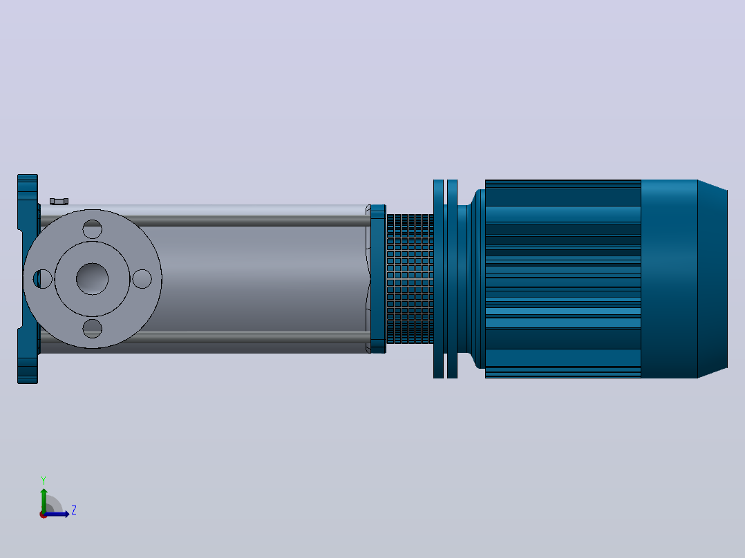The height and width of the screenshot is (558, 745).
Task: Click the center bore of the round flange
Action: [x=92, y=279]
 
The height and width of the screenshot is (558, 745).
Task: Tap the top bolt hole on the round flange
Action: [x=92, y=229]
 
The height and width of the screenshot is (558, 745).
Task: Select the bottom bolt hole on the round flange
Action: [x=92, y=329]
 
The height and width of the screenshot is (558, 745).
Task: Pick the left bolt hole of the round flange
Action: [x=42, y=279]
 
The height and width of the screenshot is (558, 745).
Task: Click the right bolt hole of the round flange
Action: [x=142, y=279]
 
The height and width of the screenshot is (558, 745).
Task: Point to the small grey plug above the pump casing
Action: [x=59, y=202]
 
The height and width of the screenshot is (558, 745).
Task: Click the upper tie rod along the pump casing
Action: [x=205, y=221]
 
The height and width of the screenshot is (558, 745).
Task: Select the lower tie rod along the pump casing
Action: [x=205, y=337]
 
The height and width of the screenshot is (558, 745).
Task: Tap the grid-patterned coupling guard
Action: [x=410, y=279]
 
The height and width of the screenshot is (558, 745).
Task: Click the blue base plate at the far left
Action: [x=28, y=279]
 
